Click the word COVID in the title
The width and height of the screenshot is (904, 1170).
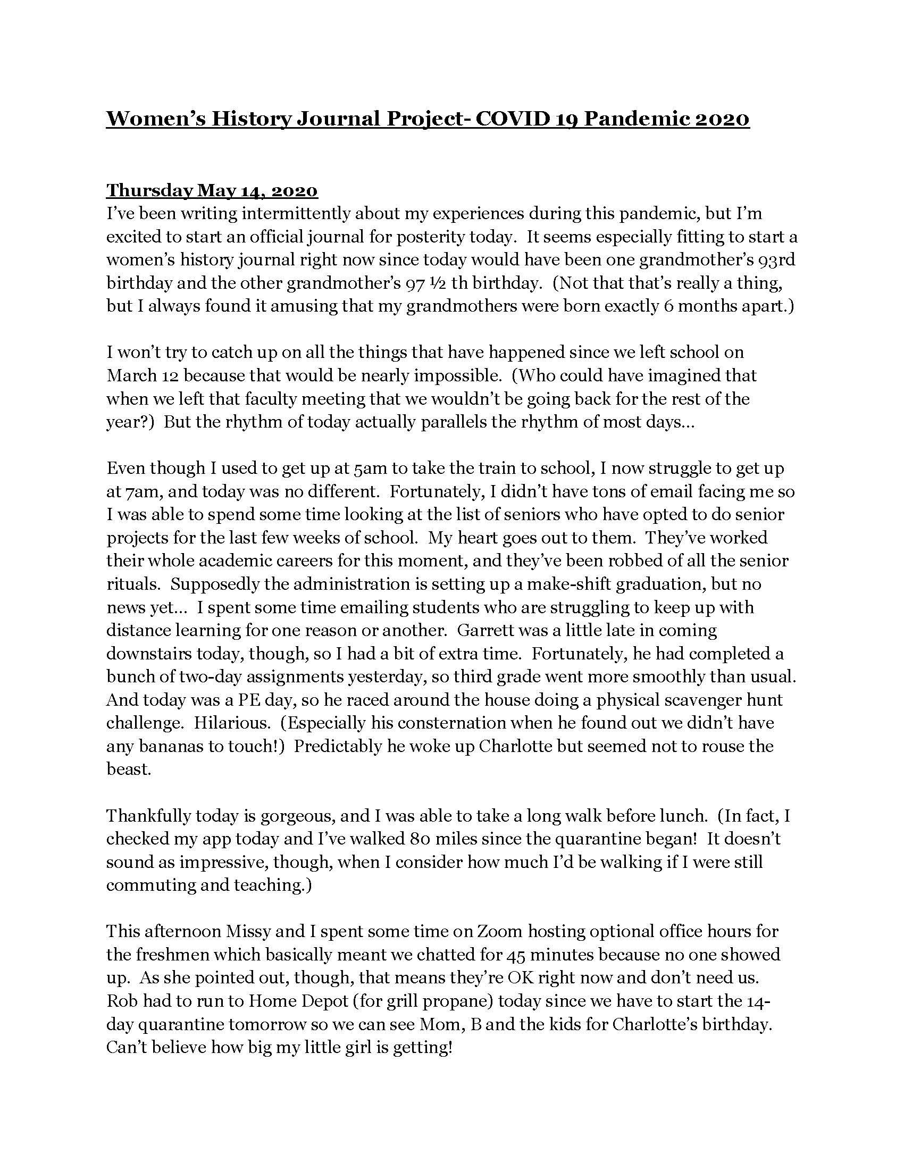pyautogui.click(x=512, y=119)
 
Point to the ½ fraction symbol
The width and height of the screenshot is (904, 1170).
pyautogui.click(x=433, y=283)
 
